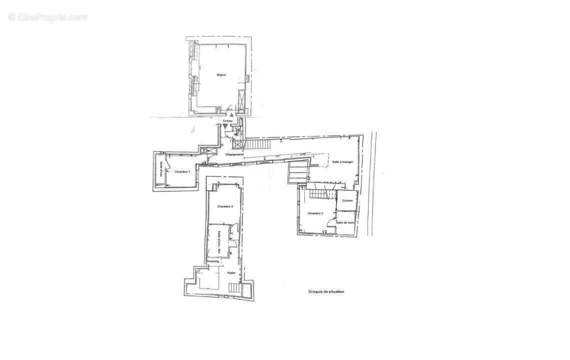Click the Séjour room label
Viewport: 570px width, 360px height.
coord(221,75)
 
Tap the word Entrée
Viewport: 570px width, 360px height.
coord(228,121)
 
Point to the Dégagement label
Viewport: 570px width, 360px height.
coord(235,154)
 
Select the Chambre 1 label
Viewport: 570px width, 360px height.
coord(182,172)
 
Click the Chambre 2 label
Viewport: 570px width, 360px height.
coord(315,213)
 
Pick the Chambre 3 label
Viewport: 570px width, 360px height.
coord(225,206)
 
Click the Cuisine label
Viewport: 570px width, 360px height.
coord(347,201)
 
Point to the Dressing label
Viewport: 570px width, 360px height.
coord(213,261)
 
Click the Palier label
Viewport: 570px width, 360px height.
coord(231,273)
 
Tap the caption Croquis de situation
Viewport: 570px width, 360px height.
coord(326,291)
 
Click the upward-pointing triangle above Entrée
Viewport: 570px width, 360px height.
coord(231,115)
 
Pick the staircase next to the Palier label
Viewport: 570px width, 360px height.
coord(235,288)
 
